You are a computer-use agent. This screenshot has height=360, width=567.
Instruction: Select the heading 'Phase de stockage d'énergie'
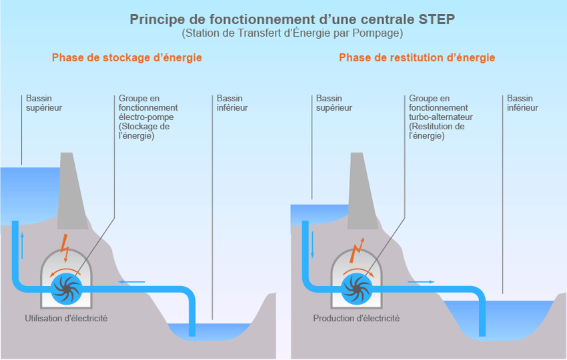point(127,58)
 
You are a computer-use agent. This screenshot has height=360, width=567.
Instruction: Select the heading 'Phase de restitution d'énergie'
point(417,58)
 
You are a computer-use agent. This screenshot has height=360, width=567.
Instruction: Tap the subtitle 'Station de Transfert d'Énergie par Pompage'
point(292,33)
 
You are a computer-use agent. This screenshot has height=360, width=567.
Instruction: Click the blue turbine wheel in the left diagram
point(67,287)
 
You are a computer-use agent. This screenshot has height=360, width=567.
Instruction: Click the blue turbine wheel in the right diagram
point(356,287)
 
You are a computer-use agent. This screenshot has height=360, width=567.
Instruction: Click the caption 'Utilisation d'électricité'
point(66,319)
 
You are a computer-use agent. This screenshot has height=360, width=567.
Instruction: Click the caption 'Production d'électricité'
point(356,319)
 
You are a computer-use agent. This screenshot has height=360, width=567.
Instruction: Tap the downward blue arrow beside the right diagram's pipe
point(312,245)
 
